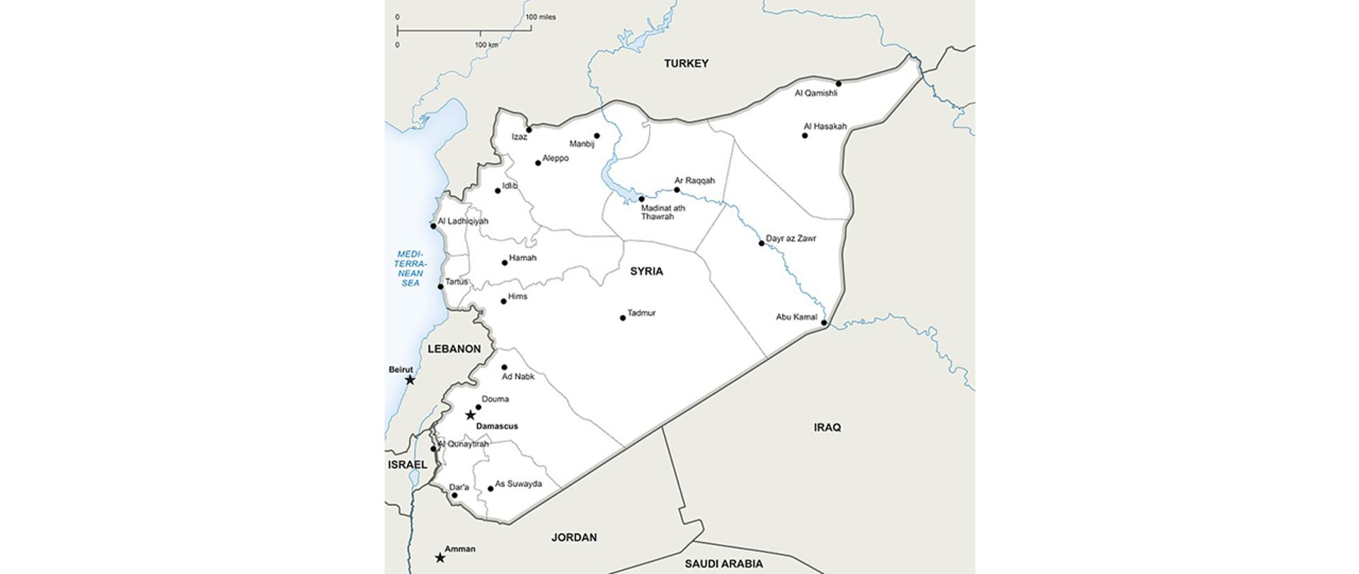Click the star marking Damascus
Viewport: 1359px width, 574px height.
click(470, 415)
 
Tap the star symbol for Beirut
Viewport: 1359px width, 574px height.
click(410, 380)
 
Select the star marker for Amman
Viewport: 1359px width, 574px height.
click(440, 558)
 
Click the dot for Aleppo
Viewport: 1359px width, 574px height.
click(538, 163)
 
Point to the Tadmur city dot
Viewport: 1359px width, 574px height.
click(623, 318)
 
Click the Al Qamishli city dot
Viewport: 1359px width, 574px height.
click(839, 84)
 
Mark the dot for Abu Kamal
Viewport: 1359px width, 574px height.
click(824, 323)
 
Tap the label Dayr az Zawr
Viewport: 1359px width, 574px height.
click(791, 239)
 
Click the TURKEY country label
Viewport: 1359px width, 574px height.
click(686, 64)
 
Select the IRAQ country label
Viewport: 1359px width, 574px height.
click(827, 427)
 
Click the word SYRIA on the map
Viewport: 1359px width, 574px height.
click(646, 271)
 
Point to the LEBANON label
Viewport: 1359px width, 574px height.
click(454, 349)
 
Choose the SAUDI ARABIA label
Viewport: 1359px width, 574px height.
click(723, 564)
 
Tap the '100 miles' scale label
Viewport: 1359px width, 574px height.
click(541, 17)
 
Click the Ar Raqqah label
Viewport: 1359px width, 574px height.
click(694, 181)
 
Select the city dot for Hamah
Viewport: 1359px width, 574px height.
click(505, 263)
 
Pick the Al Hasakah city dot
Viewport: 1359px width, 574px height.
click(805, 135)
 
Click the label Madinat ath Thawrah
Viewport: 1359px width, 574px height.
click(663, 212)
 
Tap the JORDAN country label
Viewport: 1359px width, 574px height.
click(574, 538)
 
